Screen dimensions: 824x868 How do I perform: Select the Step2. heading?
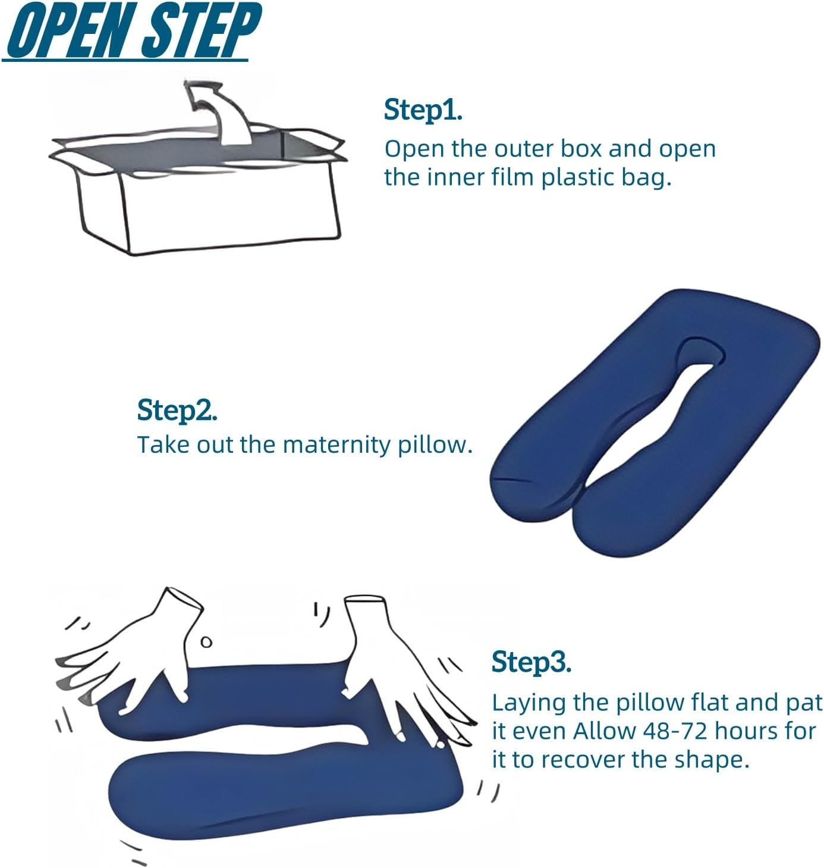[x=177, y=410]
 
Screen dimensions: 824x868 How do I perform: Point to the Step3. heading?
[x=531, y=662]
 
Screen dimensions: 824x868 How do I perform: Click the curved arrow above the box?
[x=221, y=112]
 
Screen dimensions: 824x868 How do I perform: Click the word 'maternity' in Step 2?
[x=336, y=444]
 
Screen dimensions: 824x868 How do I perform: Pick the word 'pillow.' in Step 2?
[x=435, y=444]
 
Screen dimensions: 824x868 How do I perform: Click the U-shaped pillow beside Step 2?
[x=653, y=424]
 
